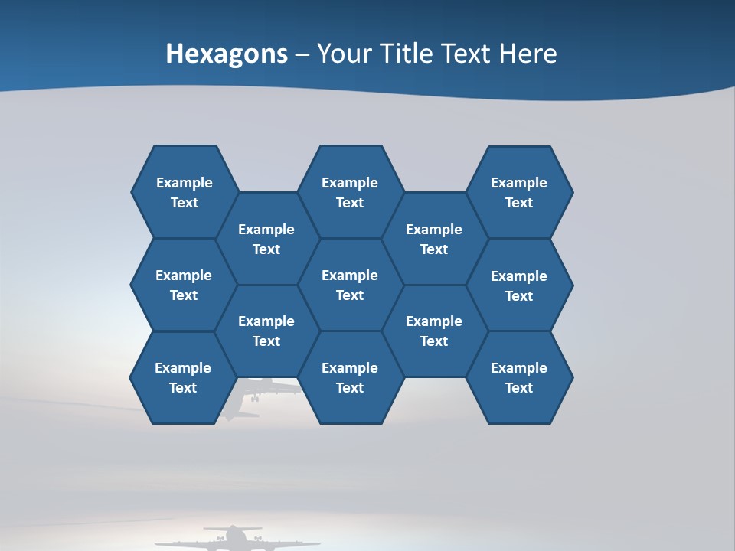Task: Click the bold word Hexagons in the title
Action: [227, 54]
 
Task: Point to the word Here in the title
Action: [528, 54]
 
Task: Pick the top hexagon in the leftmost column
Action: [185, 192]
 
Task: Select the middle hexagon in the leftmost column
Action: [184, 285]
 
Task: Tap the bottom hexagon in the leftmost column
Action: [183, 377]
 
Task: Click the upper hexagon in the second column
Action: [266, 239]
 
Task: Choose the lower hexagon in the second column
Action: [266, 331]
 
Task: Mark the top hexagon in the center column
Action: [350, 192]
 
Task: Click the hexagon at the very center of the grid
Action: [350, 285]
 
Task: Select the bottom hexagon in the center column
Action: [350, 377]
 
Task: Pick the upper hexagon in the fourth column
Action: [434, 239]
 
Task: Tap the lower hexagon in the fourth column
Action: [434, 331]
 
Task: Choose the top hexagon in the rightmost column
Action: [519, 192]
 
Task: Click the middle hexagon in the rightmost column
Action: [519, 285]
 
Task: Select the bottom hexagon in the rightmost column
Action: [519, 377]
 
